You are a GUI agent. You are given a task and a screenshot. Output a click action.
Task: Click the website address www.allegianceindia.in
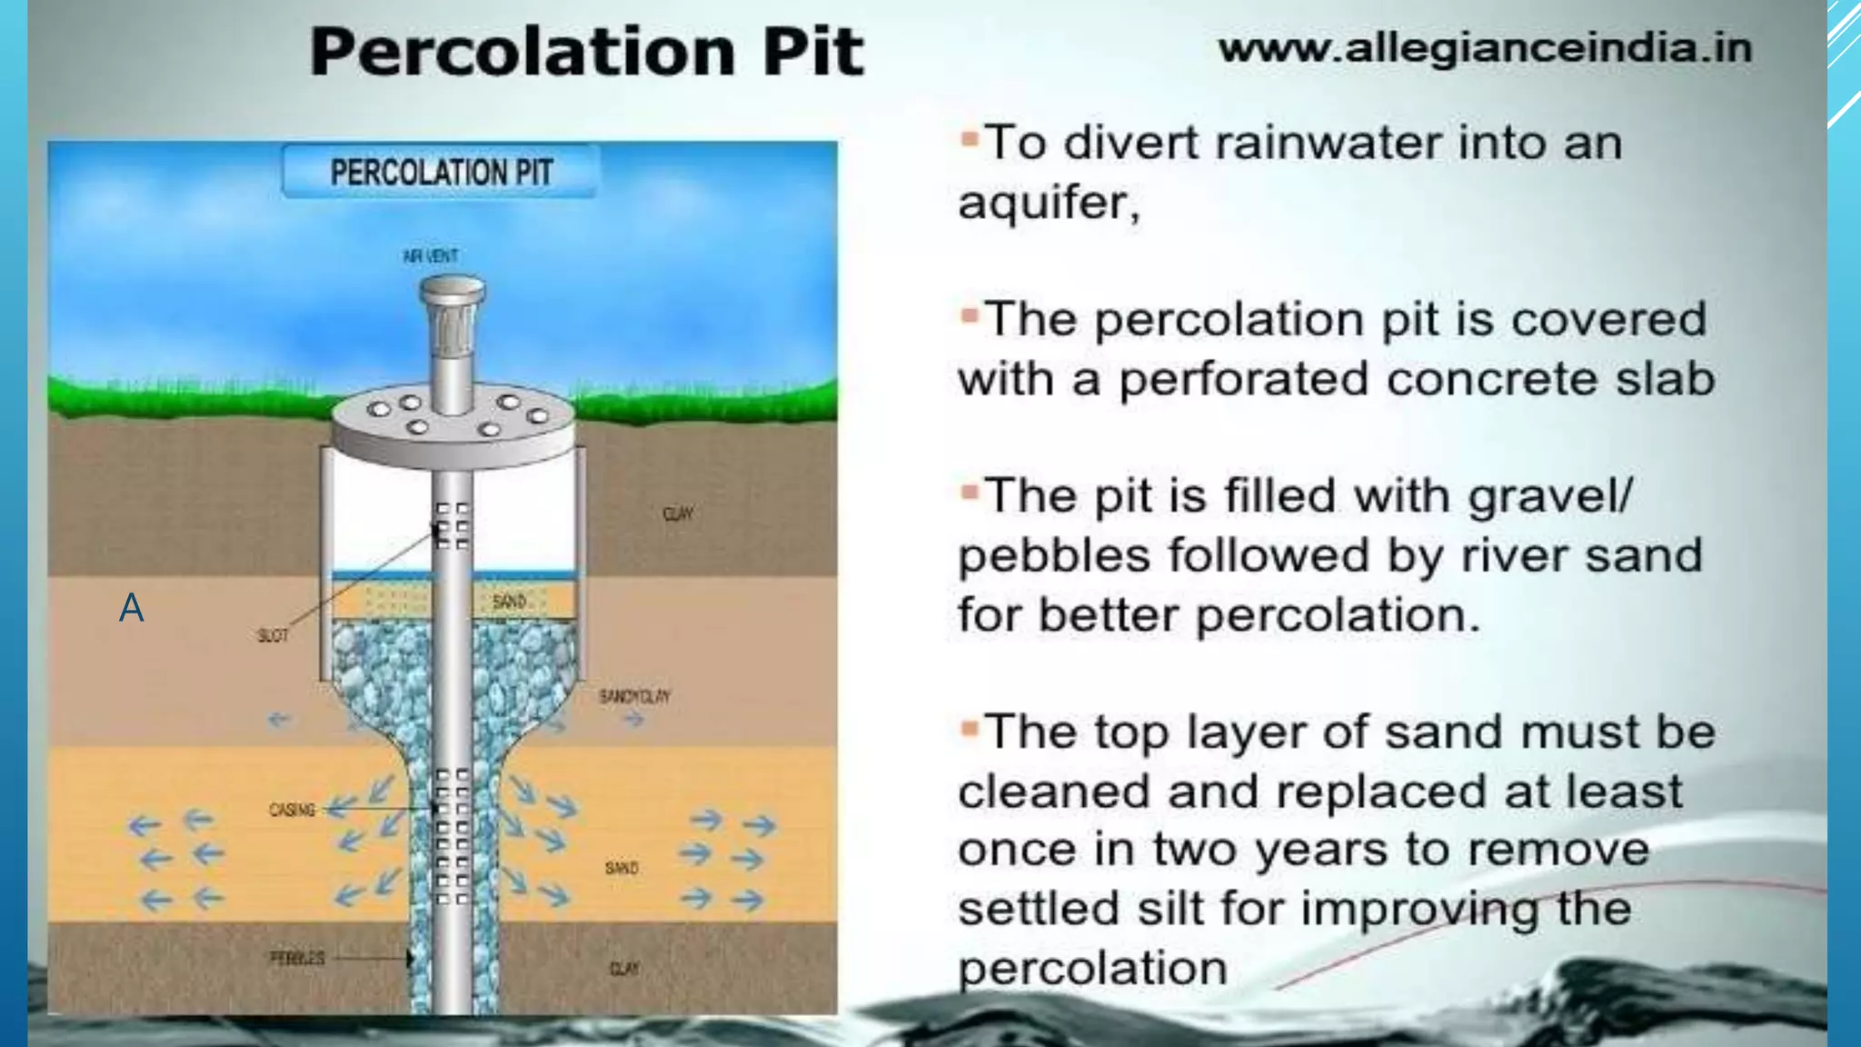(1485, 48)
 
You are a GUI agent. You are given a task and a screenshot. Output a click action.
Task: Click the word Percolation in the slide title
(522, 52)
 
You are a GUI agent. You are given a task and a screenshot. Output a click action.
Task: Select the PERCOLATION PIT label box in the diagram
(441, 172)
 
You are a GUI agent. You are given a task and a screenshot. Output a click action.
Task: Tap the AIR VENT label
(430, 256)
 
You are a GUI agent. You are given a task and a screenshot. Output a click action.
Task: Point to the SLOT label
(273, 635)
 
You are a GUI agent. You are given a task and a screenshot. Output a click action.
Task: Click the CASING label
(292, 809)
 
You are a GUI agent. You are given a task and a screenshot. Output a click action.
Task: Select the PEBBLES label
(297, 958)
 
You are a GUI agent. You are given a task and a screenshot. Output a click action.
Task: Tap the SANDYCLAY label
(634, 696)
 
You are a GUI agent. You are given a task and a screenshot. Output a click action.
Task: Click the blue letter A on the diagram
(132, 607)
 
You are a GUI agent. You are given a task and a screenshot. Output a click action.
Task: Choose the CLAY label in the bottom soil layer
(623, 969)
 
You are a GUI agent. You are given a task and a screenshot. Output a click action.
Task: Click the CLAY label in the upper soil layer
(678, 514)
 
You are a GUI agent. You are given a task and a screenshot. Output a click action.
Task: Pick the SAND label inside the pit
(509, 601)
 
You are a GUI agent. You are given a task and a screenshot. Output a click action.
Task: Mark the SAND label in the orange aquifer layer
(622, 868)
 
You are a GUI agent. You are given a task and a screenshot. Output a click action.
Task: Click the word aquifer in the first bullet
(1045, 203)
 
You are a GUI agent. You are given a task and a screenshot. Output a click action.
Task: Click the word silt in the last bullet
(1163, 909)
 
